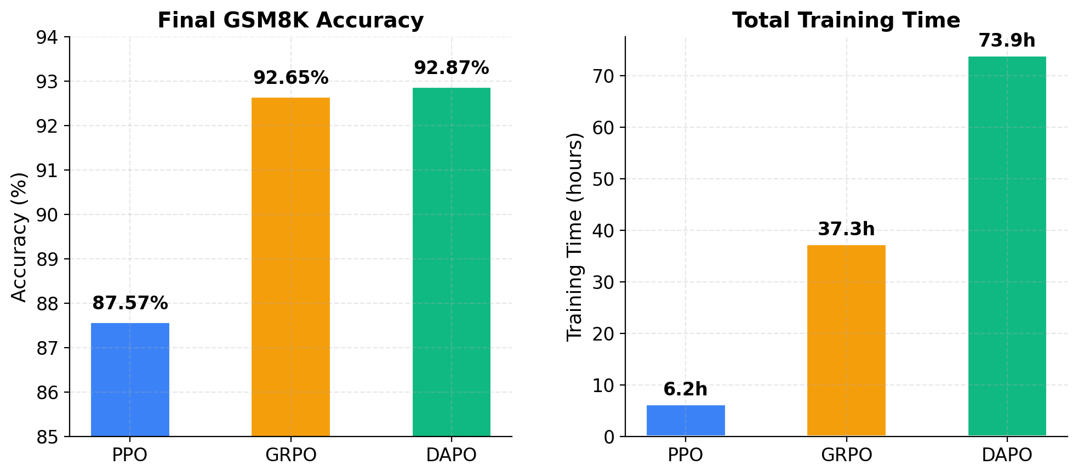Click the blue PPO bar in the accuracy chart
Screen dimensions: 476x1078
coord(130,379)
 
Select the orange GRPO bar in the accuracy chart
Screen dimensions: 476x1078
coord(290,267)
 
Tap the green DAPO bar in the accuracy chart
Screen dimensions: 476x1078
coord(451,262)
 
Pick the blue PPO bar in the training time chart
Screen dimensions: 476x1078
coord(686,421)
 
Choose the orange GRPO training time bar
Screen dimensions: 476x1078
coord(846,341)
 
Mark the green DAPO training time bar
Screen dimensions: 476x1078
coord(1007,246)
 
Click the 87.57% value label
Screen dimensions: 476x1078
coord(130,303)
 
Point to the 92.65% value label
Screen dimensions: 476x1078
coord(290,78)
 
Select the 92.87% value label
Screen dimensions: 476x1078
coord(451,68)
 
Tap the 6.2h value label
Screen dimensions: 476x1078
coord(686,389)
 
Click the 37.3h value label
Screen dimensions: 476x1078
coord(846,229)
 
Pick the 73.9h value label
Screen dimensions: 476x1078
coord(1007,41)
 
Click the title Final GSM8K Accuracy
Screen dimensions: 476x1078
coord(290,20)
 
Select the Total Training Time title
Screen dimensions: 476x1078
coord(846,20)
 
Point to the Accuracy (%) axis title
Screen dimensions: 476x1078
coord(19,237)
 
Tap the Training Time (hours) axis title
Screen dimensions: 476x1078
coord(575,237)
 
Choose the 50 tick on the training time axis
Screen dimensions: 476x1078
coord(603,179)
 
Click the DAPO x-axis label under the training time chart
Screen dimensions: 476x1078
coord(1007,455)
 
